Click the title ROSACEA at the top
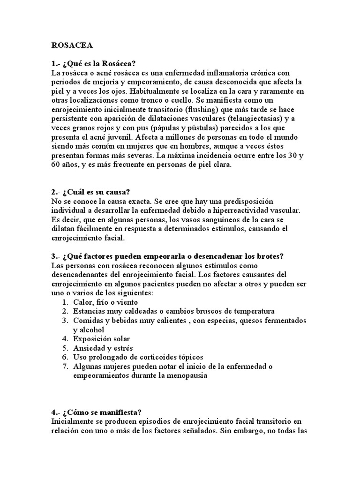(72, 45)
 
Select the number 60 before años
(56, 165)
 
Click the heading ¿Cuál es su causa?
(90, 192)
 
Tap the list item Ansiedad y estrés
(103, 348)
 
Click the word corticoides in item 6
(147, 357)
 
